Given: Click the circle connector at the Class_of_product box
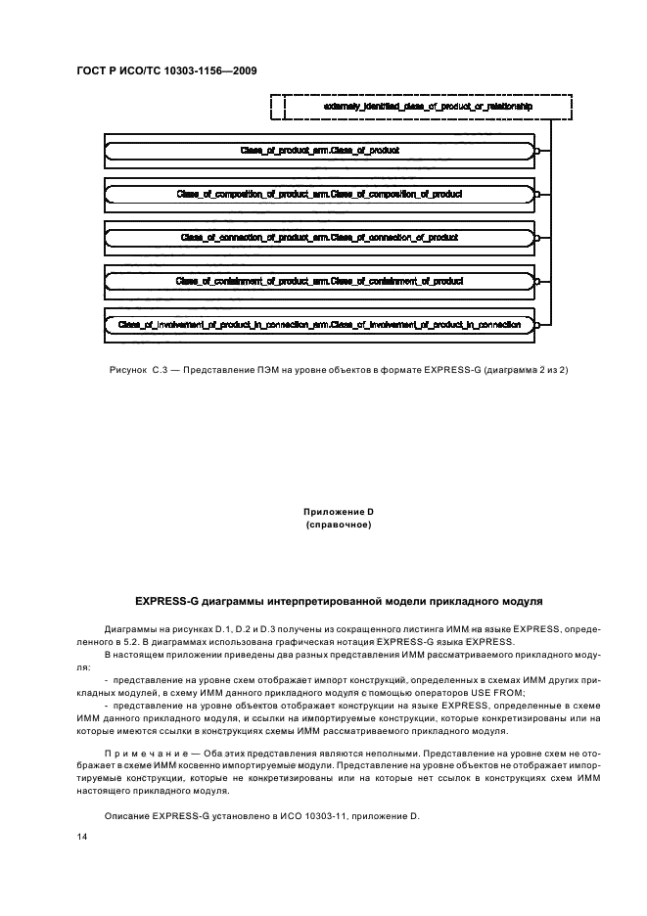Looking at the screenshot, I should coord(537,151).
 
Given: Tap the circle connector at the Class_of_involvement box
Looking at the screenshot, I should coord(537,323).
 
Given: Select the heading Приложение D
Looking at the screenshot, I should coord(339,512).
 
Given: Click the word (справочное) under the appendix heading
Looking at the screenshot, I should coord(339,525).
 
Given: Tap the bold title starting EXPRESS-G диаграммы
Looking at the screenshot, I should coord(339,598).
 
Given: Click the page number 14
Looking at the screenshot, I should coord(82,838).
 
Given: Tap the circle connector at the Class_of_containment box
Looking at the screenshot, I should coord(537,280).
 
